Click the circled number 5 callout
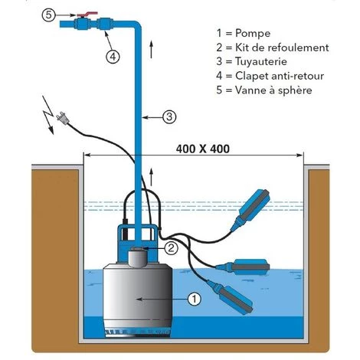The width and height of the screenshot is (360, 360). click(48, 15)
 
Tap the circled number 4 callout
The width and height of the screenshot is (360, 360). click(113, 57)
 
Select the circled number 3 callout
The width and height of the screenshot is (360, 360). click(169, 117)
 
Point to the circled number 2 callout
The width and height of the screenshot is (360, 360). click(171, 247)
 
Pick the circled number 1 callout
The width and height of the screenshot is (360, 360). click(195, 299)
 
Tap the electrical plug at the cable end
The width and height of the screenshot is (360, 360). click(62, 119)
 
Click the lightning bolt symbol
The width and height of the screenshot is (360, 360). click(48, 115)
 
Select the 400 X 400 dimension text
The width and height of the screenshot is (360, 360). click(203, 149)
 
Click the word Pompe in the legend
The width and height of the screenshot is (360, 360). click(253, 34)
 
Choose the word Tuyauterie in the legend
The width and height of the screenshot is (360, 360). click(261, 62)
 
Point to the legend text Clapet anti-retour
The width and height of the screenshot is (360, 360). click(280, 76)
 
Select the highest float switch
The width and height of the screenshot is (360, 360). click(251, 209)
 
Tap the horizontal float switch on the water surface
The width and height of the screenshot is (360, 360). click(242, 267)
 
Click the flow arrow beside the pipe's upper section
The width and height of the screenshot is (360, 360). click(152, 49)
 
